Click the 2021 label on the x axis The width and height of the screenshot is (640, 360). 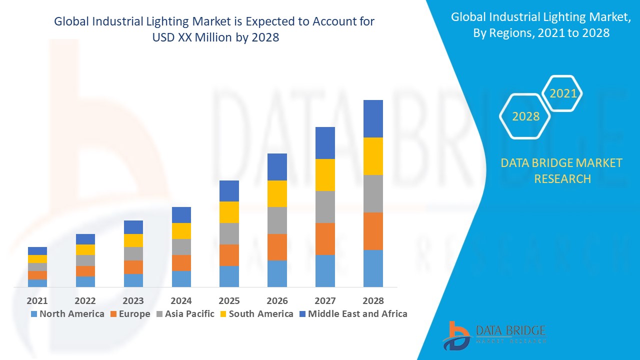click(x=37, y=300)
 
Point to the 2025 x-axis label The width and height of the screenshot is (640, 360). click(x=229, y=300)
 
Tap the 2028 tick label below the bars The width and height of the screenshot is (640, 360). click(x=373, y=300)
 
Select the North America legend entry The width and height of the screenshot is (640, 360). click(x=67, y=314)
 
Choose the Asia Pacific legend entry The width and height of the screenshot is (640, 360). click(x=185, y=314)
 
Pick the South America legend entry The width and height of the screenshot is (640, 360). click(x=256, y=314)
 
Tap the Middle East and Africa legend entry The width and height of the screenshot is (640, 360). click(x=353, y=314)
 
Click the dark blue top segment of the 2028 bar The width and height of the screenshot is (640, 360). click(x=373, y=118)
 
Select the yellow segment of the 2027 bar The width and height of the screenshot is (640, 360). click(x=325, y=175)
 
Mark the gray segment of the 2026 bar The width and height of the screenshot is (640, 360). click(x=277, y=220)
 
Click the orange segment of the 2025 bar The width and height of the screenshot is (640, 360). click(x=229, y=255)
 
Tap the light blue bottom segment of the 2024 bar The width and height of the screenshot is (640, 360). click(x=181, y=279)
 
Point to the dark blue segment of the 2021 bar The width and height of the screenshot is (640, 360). click(x=37, y=251)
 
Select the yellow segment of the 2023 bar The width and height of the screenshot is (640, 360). click(x=133, y=240)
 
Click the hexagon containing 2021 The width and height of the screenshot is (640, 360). click(x=562, y=93)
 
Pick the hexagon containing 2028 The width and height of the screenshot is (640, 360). click(x=525, y=116)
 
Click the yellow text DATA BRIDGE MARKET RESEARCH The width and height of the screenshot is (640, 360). click(x=562, y=170)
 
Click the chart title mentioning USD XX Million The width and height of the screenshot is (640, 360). click(x=214, y=29)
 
